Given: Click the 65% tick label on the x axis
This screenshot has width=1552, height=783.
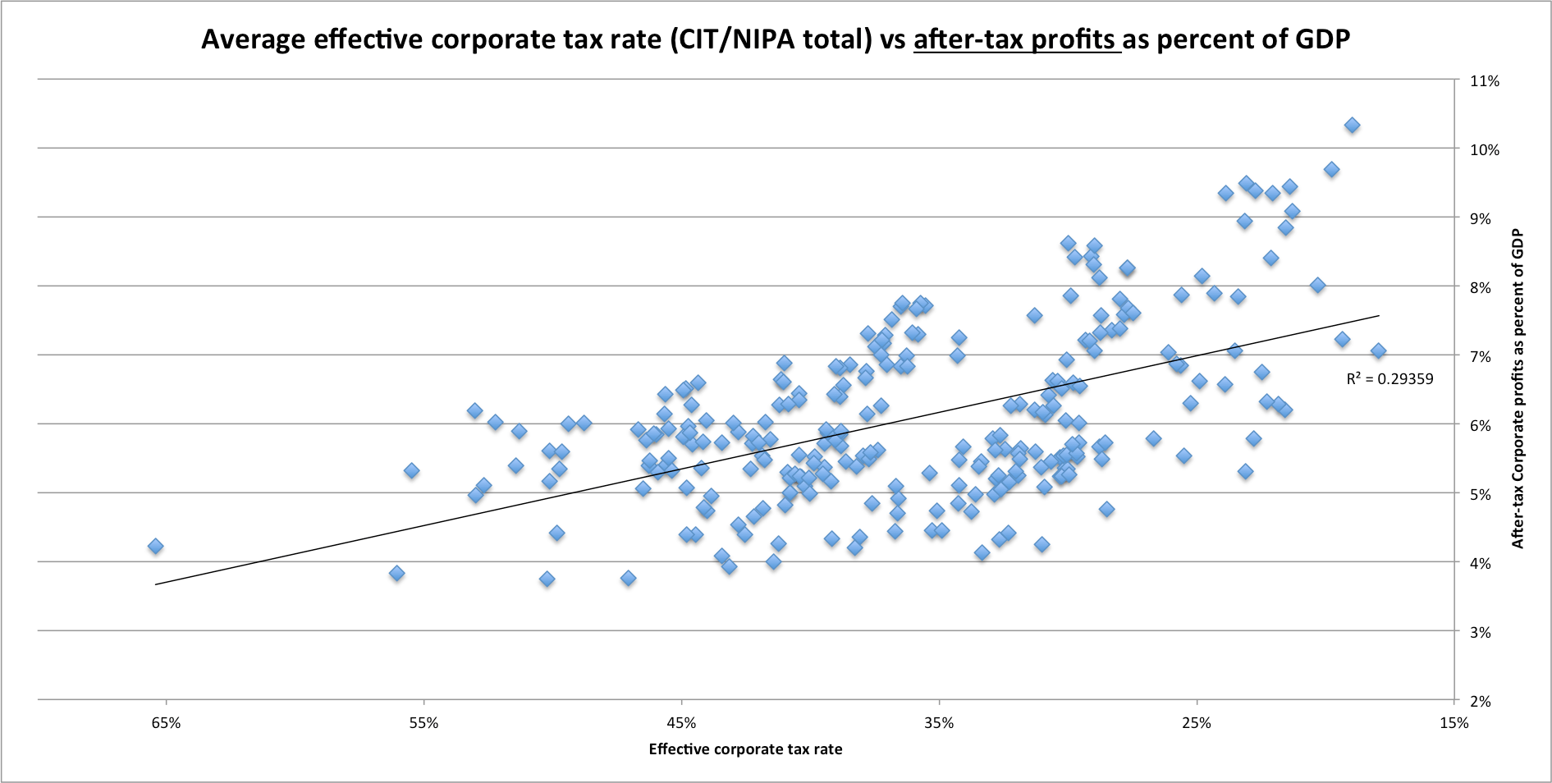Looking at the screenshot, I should coord(166,723).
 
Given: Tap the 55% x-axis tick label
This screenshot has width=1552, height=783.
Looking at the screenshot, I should coord(423,723).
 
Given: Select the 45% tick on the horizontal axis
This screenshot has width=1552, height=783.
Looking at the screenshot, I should coord(681,723).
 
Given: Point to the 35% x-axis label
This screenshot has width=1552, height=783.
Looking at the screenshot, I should coord(939,723).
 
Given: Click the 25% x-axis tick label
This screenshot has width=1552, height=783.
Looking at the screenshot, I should coord(1197,723).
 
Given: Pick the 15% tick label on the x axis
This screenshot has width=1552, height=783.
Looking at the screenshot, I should coord(1454,723).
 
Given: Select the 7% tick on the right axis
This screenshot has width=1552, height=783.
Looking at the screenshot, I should coord(1484,357).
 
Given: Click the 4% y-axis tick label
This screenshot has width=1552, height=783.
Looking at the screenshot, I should coord(1484,564).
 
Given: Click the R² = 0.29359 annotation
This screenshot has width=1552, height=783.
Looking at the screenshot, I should coord(1389,379).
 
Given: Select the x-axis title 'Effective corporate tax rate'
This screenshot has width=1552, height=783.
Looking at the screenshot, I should coord(745,749).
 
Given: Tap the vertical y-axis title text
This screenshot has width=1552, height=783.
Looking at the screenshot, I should coord(1518,388).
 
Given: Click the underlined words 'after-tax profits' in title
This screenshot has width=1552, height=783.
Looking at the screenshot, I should coord(1016,39).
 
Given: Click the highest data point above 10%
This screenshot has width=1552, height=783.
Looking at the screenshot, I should coord(1352,126).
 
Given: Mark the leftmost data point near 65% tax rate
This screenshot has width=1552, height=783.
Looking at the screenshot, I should coord(155,547).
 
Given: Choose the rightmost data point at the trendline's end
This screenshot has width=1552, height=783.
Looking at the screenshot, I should coord(1378,351).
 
